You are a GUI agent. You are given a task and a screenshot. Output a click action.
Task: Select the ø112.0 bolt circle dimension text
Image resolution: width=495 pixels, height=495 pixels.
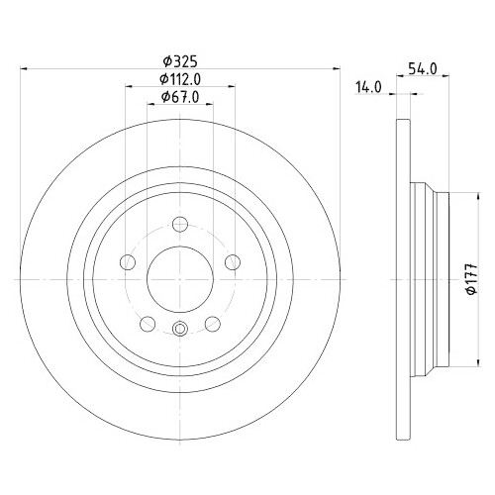point(180,78)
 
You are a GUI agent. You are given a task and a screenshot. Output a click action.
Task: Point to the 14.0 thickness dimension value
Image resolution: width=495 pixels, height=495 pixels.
point(368,87)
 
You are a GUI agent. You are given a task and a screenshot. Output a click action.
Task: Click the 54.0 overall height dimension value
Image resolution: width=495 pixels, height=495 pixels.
point(423,68)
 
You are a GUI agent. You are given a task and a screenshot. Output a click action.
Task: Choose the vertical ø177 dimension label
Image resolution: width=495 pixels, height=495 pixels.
point(469,284)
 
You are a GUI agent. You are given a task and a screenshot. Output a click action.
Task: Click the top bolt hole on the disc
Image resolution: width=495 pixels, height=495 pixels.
point(179,224)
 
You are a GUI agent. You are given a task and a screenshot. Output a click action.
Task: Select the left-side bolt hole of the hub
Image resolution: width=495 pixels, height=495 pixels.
point(127,262)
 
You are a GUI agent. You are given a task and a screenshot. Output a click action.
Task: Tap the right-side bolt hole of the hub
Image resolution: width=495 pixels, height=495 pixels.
point(233,261)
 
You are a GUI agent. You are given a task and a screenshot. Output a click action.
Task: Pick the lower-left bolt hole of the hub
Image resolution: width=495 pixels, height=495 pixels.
point(147,323)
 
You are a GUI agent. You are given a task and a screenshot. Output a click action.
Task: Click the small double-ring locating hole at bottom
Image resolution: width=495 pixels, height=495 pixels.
point(179,330)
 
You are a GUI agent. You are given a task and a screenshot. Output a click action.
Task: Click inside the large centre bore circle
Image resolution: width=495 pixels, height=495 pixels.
point(179,278)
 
